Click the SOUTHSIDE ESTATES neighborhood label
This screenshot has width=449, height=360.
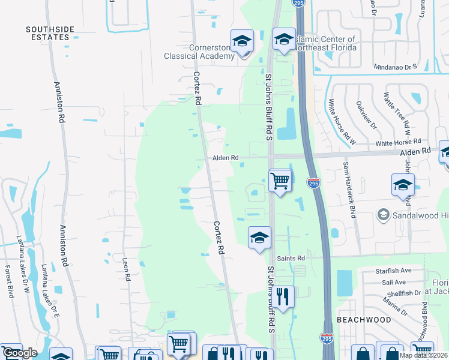[48, 32]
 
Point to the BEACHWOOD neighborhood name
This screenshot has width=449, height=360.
[364, 320]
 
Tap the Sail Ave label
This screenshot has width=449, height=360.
[391, 282]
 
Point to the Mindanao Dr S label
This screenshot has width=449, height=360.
[394, 68]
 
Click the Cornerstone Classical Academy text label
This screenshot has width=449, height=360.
[199, 52]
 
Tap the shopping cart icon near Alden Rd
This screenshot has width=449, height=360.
[280, 180]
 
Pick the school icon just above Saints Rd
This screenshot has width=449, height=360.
[259, 238]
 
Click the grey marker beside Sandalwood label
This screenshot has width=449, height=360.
[382, 214]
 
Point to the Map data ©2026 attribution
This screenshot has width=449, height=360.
[423, 355]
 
